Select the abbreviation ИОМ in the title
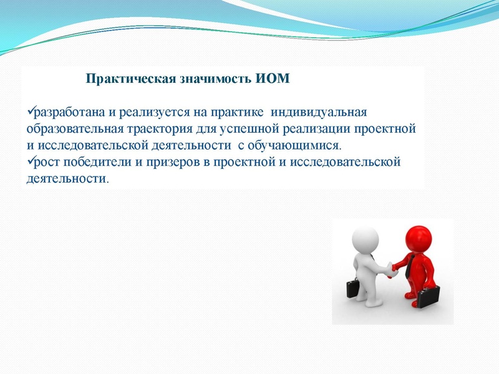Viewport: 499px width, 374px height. click(x=273, y=80)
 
